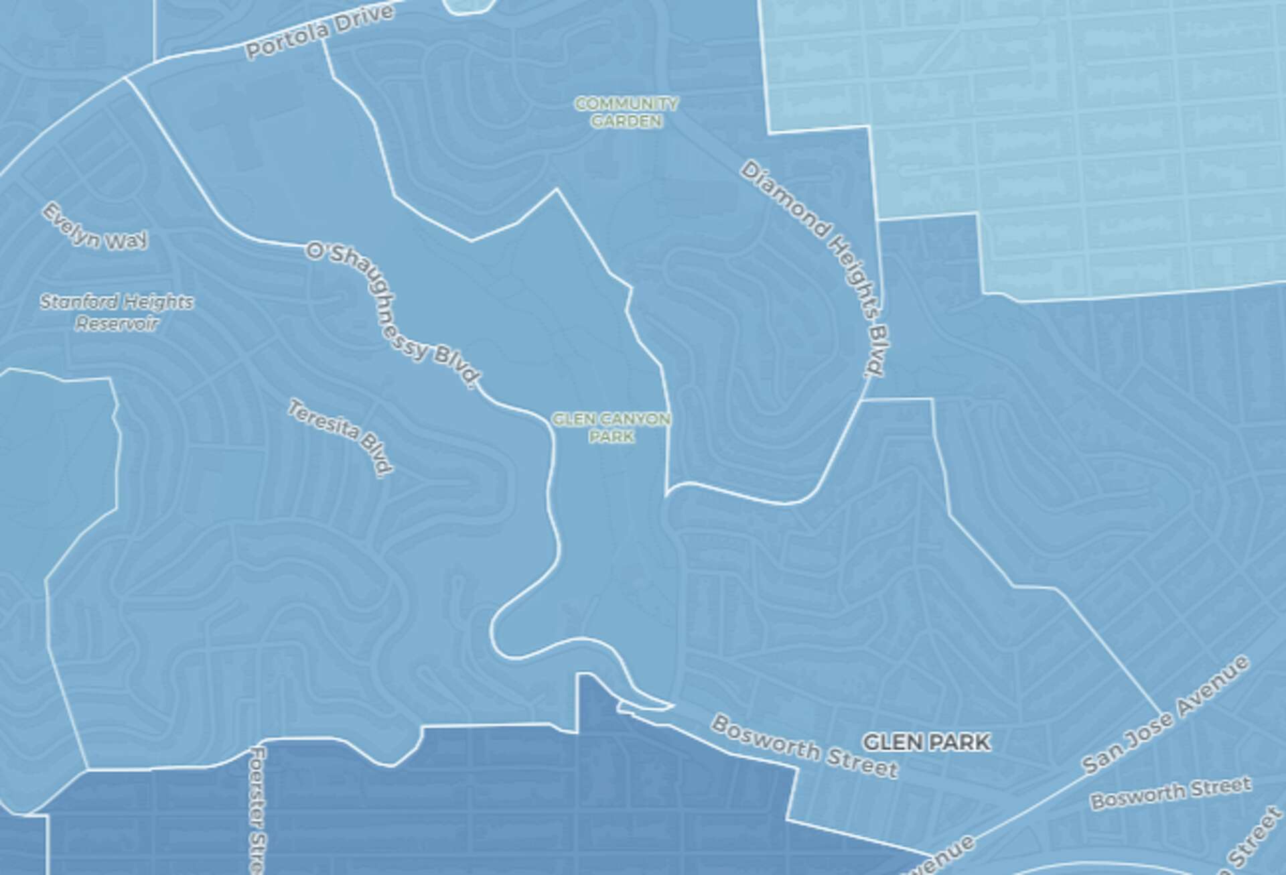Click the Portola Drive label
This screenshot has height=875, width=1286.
319,31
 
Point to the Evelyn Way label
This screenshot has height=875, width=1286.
95,228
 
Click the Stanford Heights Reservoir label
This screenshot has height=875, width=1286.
117,313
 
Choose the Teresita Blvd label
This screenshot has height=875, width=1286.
340,437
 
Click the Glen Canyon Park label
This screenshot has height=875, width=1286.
611,427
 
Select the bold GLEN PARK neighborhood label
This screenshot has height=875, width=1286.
926,742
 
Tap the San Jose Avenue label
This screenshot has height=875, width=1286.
1165,715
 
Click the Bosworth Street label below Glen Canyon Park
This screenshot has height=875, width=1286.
804,746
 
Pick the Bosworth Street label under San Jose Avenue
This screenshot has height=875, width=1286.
1170,792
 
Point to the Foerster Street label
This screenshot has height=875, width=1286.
257,811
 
